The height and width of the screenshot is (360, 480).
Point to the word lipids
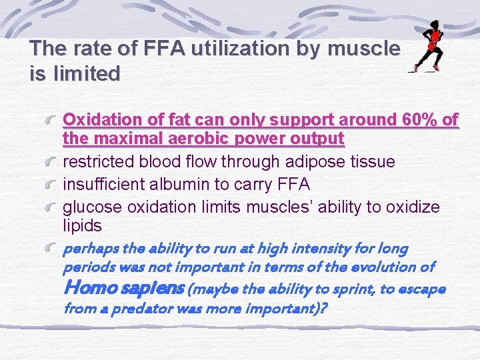[82, 225]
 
